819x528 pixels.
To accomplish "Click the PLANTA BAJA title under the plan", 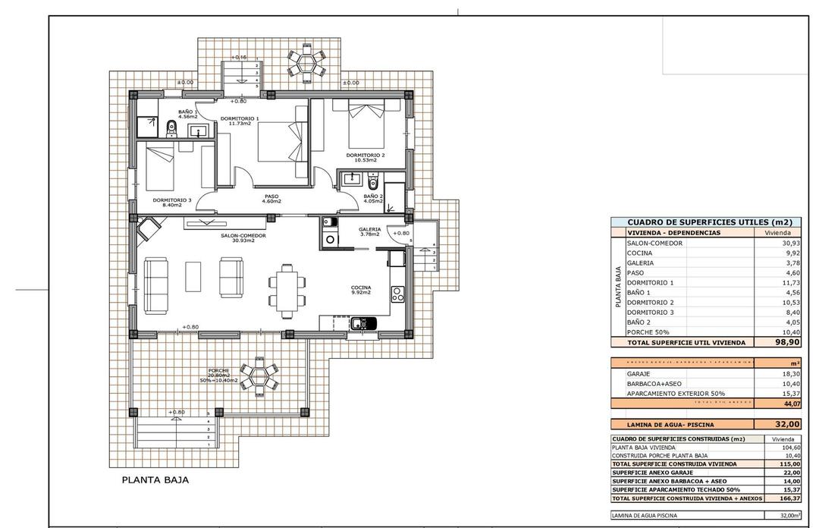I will point(155,480).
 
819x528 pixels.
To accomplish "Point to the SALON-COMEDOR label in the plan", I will point(243,237).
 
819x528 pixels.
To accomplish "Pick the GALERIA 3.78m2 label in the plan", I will point(370,231).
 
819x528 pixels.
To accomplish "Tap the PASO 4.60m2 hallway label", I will point(271,199).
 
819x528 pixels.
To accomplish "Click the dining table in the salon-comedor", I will point(288,291).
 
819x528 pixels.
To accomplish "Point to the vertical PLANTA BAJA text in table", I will point(619,287).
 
